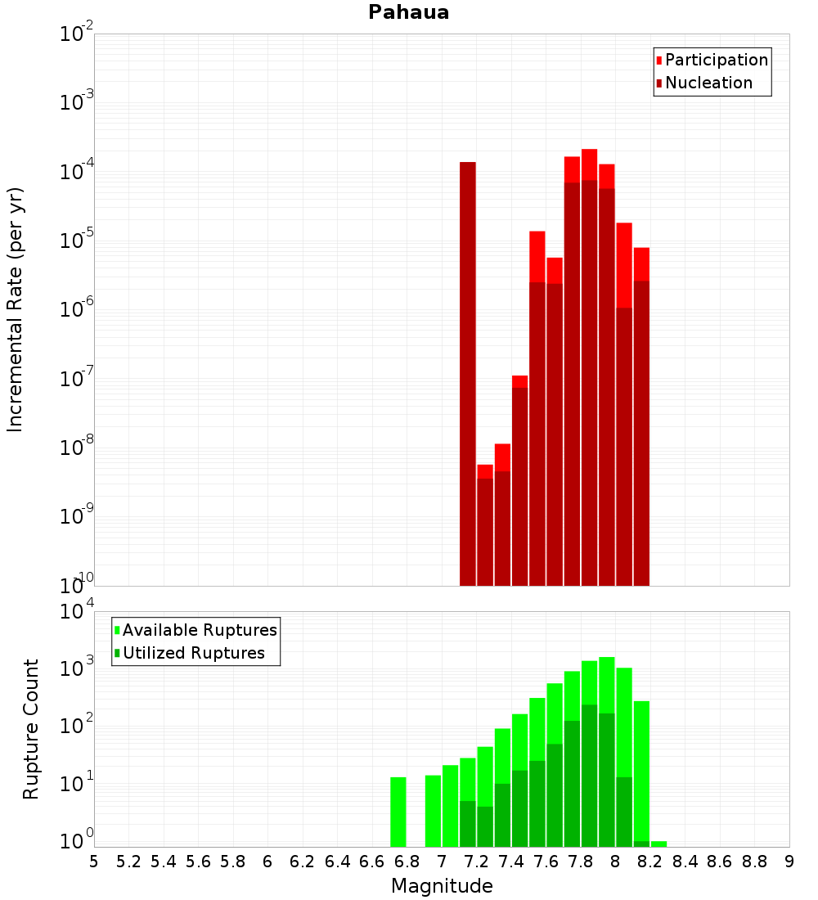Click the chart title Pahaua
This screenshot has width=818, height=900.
tap(408, 12)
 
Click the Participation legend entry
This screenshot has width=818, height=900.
tap(717, 60)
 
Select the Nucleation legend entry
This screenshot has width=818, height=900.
tap(708, 83)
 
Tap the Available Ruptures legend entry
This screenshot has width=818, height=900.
tap(200, 630)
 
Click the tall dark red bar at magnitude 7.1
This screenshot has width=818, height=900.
tap(468, 368)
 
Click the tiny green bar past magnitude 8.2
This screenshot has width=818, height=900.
tap(659, 844)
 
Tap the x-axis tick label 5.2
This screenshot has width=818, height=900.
tap(128, 862)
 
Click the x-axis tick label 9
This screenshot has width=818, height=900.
tap(789, 862)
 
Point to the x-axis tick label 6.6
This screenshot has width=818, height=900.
tap(372, 862)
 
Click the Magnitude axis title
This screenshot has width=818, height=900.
tap(442, 886)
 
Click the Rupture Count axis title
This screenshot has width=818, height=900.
tap(31, 729)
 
